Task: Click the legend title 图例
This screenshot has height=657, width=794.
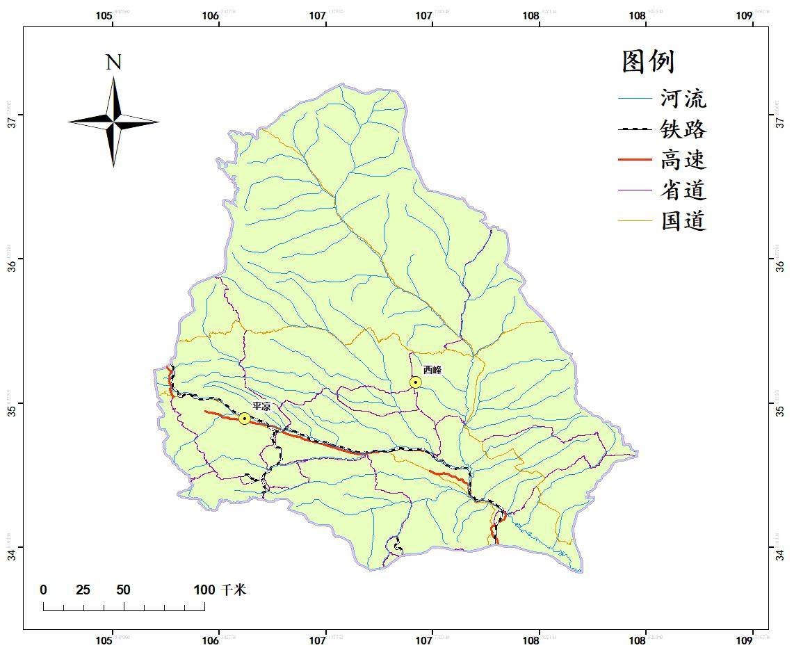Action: tap(648, 62)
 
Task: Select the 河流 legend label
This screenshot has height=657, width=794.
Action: tap(683, 99)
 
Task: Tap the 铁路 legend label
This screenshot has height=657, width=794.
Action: tap(683, 129)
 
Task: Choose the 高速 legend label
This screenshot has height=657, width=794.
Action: tap(683, 160)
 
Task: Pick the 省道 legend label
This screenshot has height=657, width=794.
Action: tap(683, 190)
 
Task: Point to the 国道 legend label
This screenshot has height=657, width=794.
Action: tap(683, 221)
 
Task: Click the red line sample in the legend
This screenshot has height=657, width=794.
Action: tap(635, 160)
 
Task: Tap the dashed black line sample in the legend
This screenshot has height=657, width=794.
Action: tap(635, 129)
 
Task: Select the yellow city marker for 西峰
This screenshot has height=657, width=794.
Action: tap(415, 382)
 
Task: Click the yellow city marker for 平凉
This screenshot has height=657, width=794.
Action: tap(244, 419)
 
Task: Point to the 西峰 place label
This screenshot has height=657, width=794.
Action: tap(432, 370)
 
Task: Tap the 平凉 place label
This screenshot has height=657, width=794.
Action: tap(261, 406)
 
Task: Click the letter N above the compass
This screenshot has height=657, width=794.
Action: tap(113, 63)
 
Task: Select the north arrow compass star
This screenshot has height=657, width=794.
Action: tap(113, 122)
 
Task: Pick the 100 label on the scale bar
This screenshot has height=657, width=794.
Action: tap(204, 590)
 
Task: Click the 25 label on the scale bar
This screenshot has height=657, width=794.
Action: tap(83, 590)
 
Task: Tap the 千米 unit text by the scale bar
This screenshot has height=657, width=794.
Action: tap(234, 590)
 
